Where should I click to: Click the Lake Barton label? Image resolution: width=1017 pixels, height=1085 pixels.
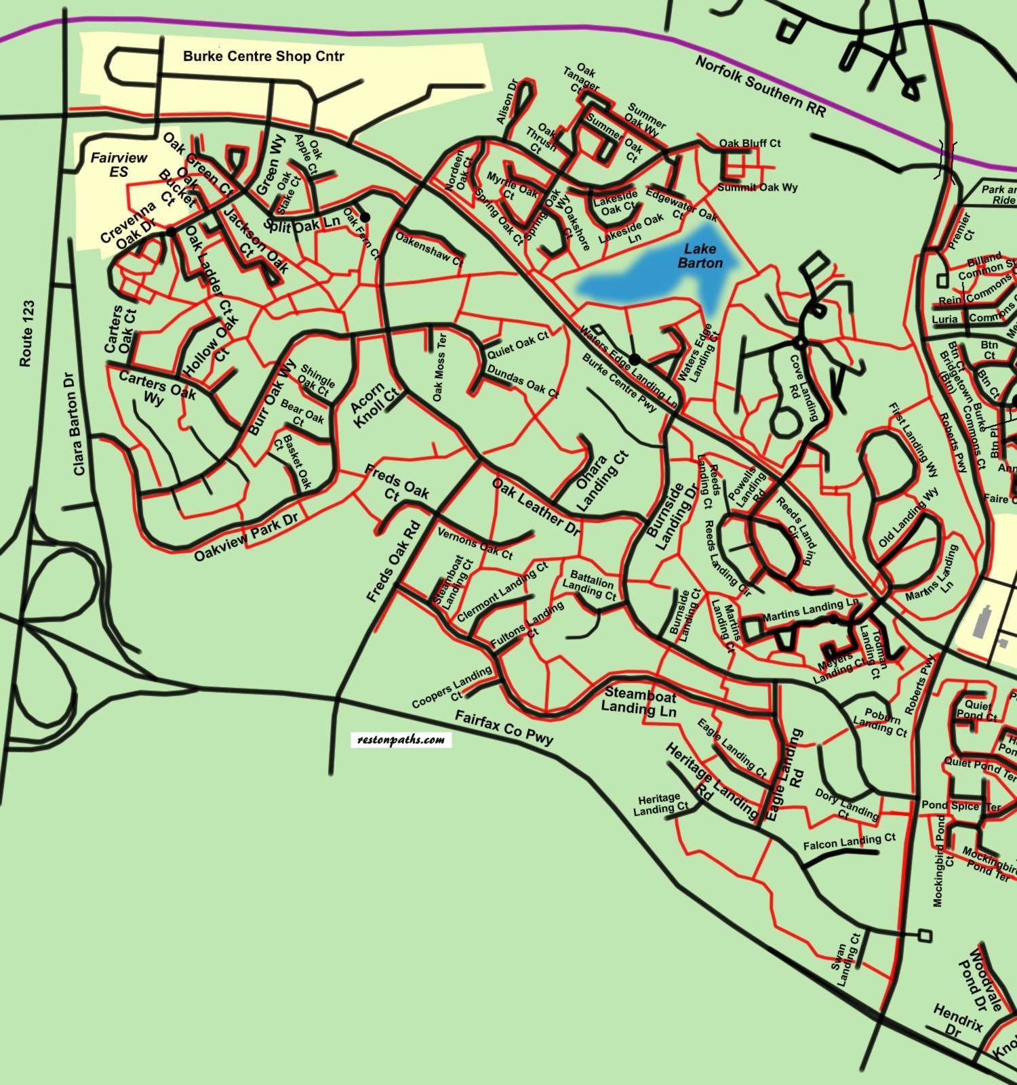700,256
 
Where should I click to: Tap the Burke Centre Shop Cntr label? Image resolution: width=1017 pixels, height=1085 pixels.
263,56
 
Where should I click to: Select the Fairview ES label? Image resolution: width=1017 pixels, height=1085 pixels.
119,165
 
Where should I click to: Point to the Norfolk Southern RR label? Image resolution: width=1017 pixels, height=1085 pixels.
761,86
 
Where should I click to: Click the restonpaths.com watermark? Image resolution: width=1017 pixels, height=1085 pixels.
401,739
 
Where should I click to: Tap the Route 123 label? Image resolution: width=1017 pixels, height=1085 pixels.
26,333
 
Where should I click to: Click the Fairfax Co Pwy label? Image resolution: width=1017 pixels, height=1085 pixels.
504,727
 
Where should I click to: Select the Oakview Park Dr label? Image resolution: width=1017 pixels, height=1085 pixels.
245,537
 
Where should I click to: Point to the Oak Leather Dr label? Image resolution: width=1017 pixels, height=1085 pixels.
536,507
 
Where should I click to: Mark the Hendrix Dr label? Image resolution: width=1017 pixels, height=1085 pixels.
957,1021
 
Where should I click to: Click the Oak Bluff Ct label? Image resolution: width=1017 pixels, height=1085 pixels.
749,144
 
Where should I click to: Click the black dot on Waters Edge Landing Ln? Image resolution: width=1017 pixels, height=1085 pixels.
635,359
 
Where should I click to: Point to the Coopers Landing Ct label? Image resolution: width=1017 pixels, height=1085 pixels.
453,686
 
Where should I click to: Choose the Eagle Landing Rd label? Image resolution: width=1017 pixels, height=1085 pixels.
785,775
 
